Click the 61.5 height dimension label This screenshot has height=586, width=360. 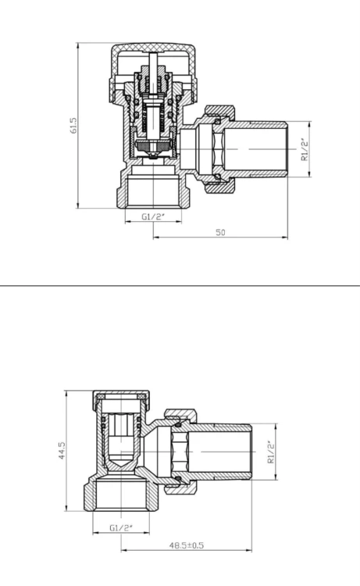(73, 126)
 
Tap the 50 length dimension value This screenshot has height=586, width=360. (221, 232)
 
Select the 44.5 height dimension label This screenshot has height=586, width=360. (62, 451)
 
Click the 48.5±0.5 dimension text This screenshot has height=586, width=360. (187, 545)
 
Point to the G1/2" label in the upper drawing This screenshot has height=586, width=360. (153, 216)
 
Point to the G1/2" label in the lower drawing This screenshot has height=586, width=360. (121, 527)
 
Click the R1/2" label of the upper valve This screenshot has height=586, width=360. (305, 149)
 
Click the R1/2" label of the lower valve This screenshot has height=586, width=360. (271, 452)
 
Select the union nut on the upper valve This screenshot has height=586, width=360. (220, 149)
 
